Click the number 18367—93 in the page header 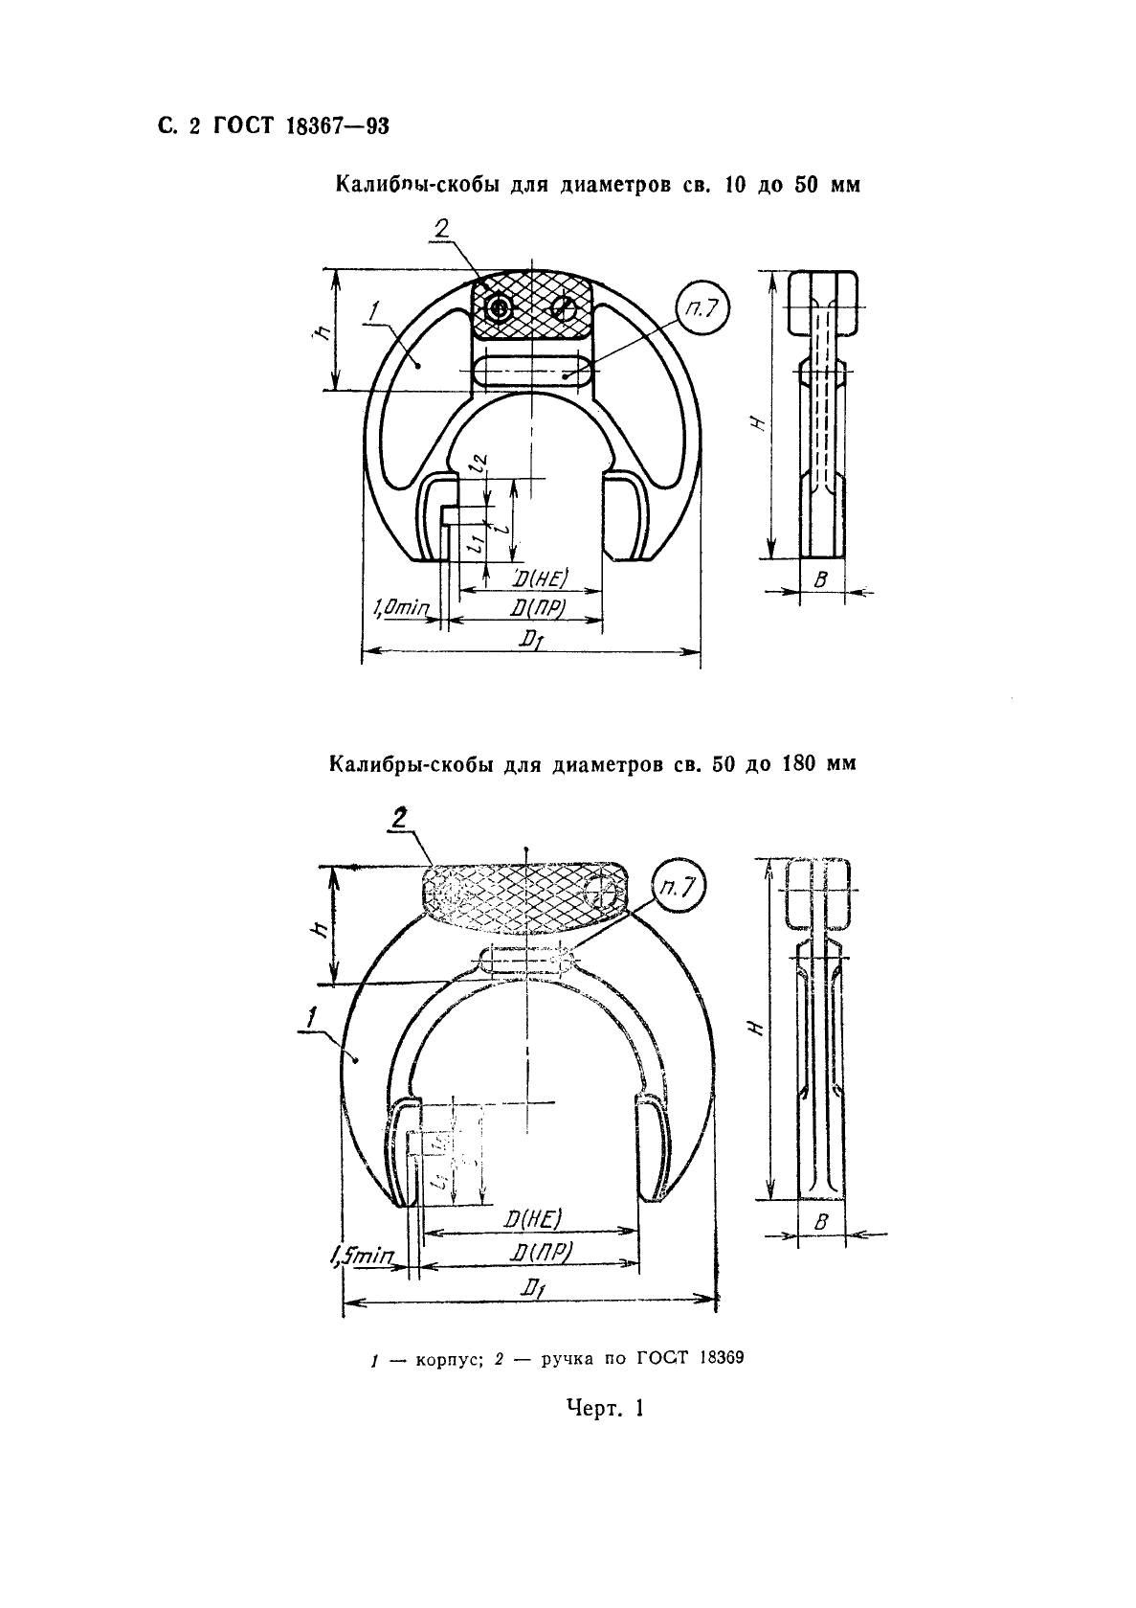pos(338,126)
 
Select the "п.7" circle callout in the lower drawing pos(677,888)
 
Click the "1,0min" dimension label pos(401,607)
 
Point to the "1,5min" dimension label pos(361,1256)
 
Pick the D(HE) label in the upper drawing pos(541,578)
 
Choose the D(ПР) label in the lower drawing pos(542,1252)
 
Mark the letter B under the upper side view pos(820,579)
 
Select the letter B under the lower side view pos(820,1223)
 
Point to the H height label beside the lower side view pos(756,1028)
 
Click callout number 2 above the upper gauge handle pos(441,229)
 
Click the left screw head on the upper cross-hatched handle pos(499,308)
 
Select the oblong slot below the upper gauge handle pos(532,372)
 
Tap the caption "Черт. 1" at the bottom pos(605,1408)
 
